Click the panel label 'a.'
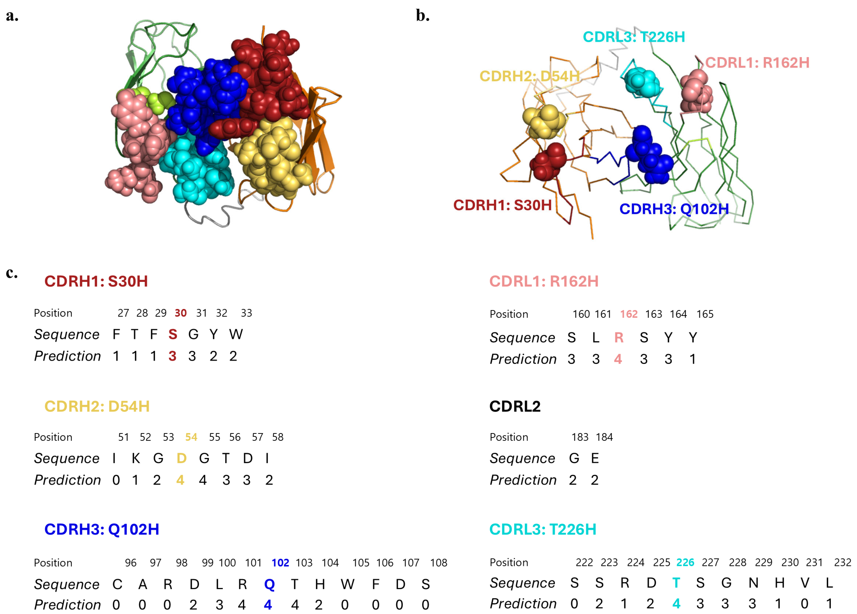(x=12, y=16)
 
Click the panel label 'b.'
(x=422, y=16)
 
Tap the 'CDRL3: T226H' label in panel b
(x=634, y=37)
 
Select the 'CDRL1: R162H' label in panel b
(x=757, y=63)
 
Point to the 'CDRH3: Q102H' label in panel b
(x=674, y=209)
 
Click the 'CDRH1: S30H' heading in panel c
(x=96, y=281)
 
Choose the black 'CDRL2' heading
(x=515, y=406)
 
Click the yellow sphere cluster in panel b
(x=544, y=121)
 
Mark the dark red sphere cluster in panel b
(x=548, y=161)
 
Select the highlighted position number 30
(x=181, y=313)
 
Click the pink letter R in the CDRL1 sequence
(x=618, y=337)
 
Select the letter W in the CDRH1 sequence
(x=236, y=334)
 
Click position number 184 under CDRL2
(x=604, y=437)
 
